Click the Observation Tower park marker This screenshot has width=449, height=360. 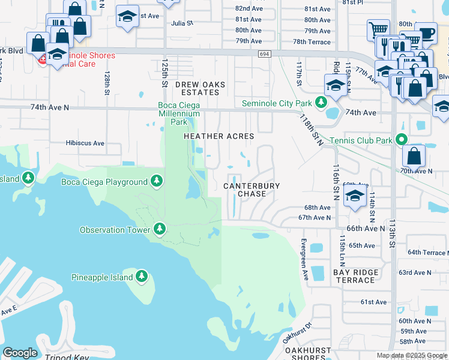coord(160,229)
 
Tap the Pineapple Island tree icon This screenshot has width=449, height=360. coord(142,277)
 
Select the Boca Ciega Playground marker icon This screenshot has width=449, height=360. coord(157,181)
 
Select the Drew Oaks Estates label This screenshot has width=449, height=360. coord(197,89)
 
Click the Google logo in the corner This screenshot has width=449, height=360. coord(20,353)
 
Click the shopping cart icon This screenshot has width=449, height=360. coord(378,29)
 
